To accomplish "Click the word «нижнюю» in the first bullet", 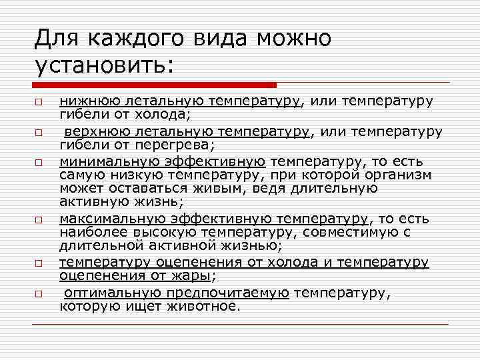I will [x=88, y=101].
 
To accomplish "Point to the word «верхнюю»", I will [x=93, y=131].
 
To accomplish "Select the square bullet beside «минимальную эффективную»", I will [x=39, y=163].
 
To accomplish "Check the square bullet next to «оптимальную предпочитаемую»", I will [x=39, y=294].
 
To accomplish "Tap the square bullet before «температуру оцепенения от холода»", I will [x=39, y=263].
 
